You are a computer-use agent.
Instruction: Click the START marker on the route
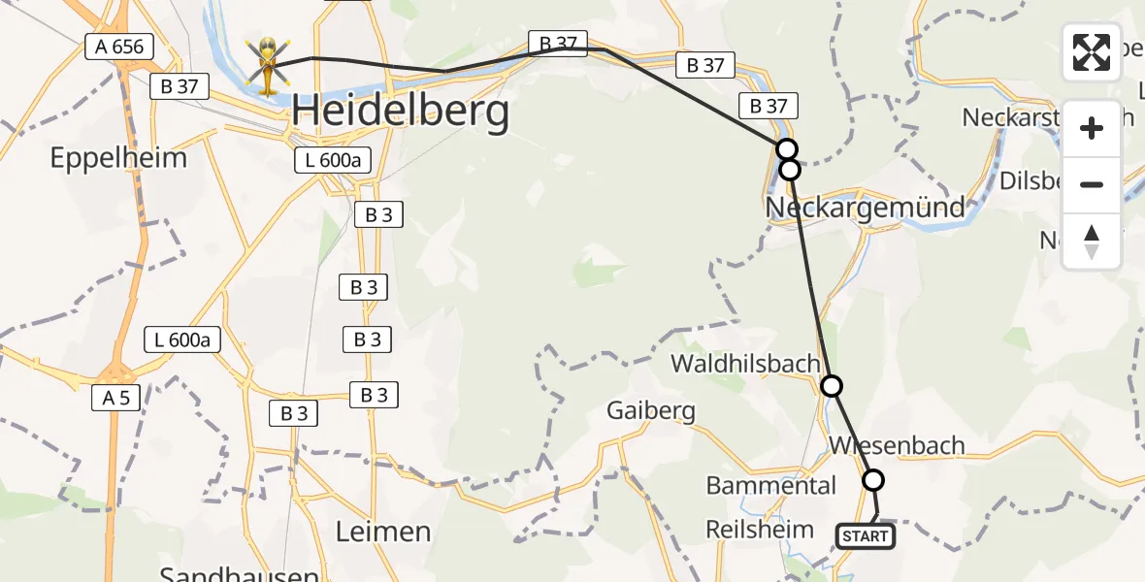[865, 536]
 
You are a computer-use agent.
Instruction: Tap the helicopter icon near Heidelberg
[266, 64]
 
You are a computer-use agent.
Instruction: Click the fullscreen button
[1092, 52]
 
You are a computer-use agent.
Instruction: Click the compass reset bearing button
[1092, 242]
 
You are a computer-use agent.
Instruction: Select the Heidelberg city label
[401, 113]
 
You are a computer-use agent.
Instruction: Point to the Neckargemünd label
[866, 207]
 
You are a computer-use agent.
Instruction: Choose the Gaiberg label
[651, 410]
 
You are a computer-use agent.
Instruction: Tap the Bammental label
[771, 485]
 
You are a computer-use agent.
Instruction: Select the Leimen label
[382, 532]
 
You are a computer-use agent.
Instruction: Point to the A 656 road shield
[119, 47]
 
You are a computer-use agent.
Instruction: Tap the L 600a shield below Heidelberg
[334, 161]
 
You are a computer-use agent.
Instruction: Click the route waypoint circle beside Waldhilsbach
[832, 386]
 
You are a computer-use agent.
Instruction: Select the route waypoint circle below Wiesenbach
[873, 480]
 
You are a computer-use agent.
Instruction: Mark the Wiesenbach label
[898, 445]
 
